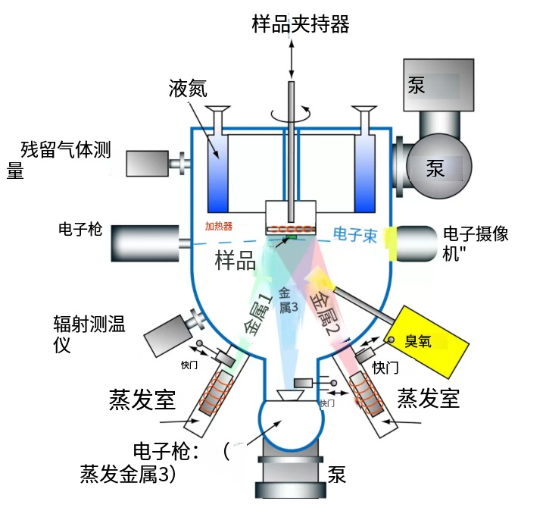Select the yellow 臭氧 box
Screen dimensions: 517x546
(x=426, y=341)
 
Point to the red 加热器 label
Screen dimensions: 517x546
(x=219, y=226)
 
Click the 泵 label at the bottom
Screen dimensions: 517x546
(x=337, y=475)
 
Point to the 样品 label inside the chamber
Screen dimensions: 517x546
(x=235, y=260)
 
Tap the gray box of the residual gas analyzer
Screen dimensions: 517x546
(x=147, y=163)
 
